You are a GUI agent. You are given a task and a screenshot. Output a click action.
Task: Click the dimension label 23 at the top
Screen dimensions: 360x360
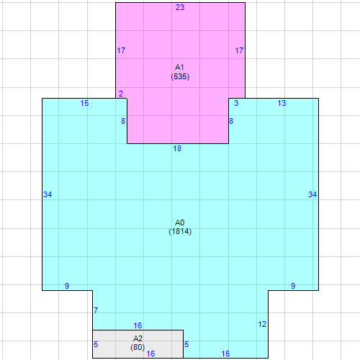click(180, 7)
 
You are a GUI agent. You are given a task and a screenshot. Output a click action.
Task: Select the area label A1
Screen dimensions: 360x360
click(180, 67)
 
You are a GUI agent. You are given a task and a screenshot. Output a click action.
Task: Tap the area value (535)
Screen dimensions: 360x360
click(180, 76)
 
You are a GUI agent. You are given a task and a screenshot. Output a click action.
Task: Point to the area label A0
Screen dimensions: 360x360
click(180, 222)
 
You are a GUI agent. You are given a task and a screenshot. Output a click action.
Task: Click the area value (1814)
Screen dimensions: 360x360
click(180, 232)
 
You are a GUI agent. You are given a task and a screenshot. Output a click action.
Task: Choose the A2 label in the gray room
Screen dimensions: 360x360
click(138, 338)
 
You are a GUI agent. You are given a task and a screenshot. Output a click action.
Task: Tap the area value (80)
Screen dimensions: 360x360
click(138, 347)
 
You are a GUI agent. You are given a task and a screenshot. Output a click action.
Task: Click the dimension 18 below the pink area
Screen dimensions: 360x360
click(177, 149)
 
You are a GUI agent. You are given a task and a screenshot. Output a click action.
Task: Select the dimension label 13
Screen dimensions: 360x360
click(282, 104)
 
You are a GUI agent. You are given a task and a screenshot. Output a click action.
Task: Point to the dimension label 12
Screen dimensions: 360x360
click(262, 324)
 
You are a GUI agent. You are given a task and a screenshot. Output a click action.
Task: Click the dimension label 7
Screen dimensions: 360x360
click(96, 310)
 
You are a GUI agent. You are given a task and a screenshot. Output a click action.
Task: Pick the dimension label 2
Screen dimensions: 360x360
click(121, 94)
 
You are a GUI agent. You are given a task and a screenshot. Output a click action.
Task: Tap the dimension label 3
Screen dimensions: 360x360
click(236, 104)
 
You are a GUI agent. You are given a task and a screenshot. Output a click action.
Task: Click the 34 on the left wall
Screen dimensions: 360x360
click(48, 195)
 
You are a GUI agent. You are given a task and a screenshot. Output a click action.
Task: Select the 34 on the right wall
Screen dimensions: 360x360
click(312, 194)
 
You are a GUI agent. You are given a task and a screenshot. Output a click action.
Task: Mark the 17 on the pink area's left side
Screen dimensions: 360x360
click(121, 51)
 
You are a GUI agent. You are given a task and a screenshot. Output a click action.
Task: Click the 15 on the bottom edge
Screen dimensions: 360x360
click(225, 354)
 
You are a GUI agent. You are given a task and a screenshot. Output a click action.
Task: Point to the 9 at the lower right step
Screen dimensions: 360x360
click(293, 286)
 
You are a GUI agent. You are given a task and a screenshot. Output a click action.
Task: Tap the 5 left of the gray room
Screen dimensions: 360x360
click(96, 345)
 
